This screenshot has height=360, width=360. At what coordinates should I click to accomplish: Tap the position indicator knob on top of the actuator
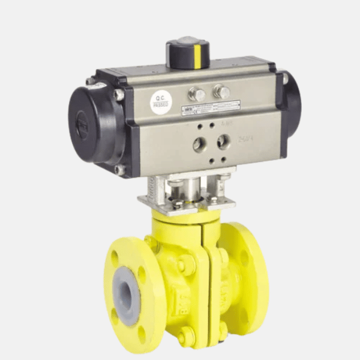coord(188,53)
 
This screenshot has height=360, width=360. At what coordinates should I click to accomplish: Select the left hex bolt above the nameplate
coord(196,94)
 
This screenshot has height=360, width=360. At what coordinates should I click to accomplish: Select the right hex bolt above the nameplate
coord(221,92)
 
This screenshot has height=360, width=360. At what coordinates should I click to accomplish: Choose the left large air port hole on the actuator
coord(199,145)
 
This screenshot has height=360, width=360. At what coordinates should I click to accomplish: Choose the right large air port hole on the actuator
coord(223,141)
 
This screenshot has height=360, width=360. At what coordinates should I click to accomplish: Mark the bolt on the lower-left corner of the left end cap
coord(119,170)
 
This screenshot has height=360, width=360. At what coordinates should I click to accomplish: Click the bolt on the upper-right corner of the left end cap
coord(119,94)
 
